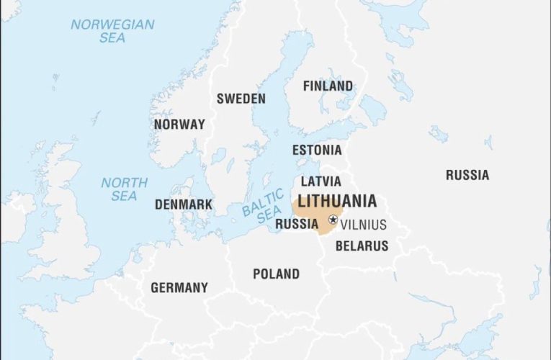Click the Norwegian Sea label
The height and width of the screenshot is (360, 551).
[112, 31]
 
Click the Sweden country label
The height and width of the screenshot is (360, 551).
[241, 99]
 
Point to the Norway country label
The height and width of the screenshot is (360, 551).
[179, 124]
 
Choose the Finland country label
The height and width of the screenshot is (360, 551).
[328, 86]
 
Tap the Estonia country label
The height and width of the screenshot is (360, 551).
[317, 150]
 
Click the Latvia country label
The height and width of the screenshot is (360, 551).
[321, 181]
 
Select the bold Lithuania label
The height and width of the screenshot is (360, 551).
[337, 201]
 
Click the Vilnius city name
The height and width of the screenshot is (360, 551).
[363, 225]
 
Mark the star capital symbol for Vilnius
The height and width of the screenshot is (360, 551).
[333, 219]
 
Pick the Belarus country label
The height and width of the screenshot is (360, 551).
[362, 246]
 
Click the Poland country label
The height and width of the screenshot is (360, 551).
[276, 274]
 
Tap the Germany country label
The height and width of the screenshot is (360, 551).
[179, 287]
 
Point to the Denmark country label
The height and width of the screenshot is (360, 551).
[184, 204]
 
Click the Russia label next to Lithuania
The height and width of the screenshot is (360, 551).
[297, 224]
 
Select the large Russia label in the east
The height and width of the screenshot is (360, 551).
[467, 174]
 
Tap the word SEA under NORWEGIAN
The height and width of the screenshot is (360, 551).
[112, 38]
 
